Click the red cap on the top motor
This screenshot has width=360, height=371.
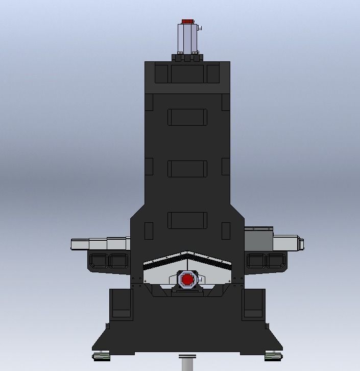point(187,22)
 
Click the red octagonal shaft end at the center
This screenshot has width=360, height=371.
point(187,280)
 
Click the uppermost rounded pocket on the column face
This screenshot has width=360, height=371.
point(187,117)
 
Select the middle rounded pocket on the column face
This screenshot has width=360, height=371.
point(187,169)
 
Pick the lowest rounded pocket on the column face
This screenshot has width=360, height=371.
point(187,220)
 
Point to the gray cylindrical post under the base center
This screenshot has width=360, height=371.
point(187,363)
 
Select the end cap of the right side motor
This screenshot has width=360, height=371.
point(301,243)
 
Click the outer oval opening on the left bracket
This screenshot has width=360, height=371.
point(98,261)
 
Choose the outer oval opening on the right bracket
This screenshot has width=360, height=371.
point(277,261)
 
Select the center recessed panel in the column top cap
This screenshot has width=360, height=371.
point(187,73)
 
